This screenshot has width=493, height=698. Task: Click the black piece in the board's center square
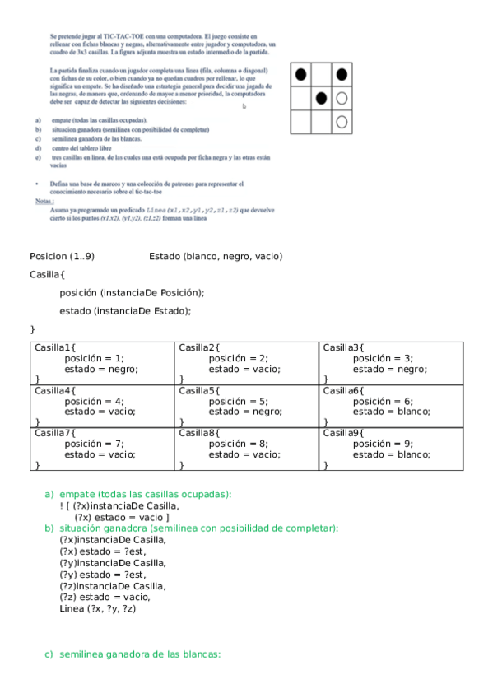point(321,99)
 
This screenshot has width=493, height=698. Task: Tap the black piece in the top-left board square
point(301,75)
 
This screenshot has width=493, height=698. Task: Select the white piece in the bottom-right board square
point(342,122)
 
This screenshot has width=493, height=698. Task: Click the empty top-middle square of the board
point(321,75)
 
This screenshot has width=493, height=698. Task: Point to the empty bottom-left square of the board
point(301,122)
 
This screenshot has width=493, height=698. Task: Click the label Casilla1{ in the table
point(54,347)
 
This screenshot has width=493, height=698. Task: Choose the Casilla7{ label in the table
point(54,432)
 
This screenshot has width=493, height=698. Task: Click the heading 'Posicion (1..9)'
point(62,256)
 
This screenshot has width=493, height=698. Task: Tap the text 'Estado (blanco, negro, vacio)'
point(216,256)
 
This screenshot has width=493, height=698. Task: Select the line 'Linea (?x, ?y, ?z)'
point(98,608)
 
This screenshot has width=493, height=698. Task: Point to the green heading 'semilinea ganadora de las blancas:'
point(140,654)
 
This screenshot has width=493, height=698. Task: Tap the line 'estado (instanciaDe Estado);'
point(125,310)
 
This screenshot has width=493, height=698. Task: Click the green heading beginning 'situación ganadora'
point(198,528)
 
